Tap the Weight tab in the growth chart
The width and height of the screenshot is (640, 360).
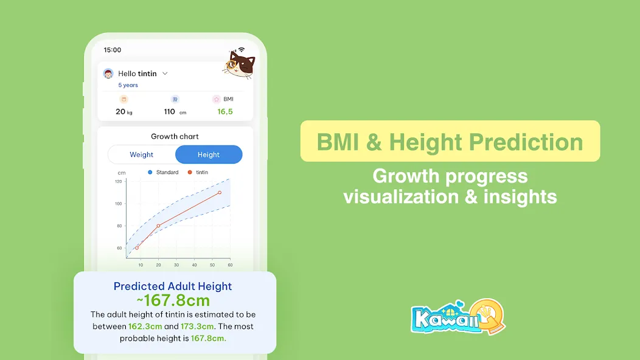[x=141, y=154]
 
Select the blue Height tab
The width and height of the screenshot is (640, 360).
[x=209, y=154]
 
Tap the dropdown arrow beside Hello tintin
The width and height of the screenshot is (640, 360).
[x=165, y=74]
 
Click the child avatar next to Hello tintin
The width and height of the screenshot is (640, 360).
[x=108, y=74]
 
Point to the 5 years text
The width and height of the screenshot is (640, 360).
[x=128, y=85]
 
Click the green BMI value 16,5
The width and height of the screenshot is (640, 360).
[x=225, y=111]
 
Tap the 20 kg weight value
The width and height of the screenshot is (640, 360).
[x=123, y=111]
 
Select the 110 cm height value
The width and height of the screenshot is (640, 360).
[x=175, y=111]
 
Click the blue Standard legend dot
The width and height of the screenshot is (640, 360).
[x=150, y=172]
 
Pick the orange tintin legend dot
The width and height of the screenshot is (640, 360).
[x=190, y=172]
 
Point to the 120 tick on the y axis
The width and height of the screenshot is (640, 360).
[x=119, y=181]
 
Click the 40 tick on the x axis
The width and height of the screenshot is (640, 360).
[x=194, y=265]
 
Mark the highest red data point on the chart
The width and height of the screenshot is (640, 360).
[x=220, y=192]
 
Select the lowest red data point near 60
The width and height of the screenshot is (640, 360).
[x=137, y=247]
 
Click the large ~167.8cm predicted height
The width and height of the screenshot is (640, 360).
[x=173, y=300]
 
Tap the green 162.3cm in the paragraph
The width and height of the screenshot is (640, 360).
[x=145, y=327]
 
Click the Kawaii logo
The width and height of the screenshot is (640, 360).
[x=458, y=317]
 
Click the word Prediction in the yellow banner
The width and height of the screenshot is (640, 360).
[x=526, y=142]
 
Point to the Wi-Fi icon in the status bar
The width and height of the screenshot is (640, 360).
[x=242, y=50]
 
